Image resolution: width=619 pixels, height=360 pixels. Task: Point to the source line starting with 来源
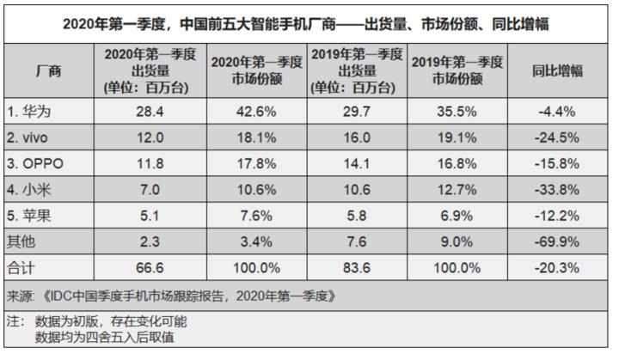172,296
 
